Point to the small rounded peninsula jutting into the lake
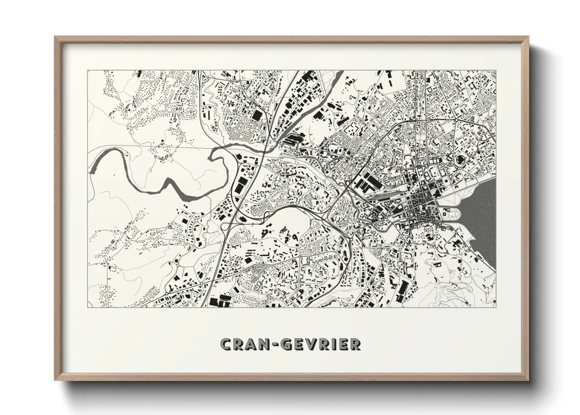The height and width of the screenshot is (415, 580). point(456,214)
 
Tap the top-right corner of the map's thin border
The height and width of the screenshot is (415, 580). point(496,70)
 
